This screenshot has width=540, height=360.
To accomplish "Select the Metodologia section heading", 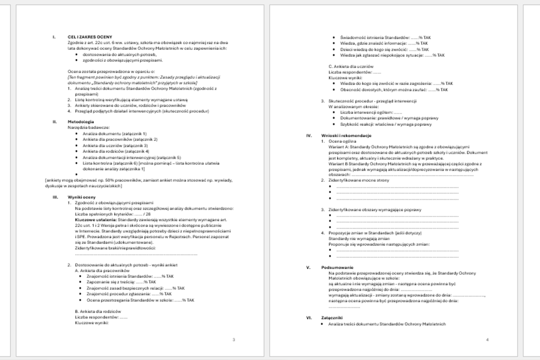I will [x=81, y=121].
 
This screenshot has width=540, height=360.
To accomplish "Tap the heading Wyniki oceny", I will [x=81, y=197].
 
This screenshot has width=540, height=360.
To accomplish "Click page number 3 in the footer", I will [x=233, y=340].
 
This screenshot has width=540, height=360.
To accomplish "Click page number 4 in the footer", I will [x=487, y=340].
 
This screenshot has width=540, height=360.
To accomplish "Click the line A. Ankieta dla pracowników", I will [x=102, y=271].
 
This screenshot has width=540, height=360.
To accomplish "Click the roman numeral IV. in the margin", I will [x=309, y=135].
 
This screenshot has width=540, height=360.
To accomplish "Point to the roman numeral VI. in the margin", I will [x=309, y=318].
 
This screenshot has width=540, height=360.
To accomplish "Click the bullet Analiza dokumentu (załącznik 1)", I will [x=115, y=134].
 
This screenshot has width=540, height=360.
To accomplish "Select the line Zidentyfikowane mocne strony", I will [x=359, y=180].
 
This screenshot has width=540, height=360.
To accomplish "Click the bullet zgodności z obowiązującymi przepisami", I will [x=122, y=60].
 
